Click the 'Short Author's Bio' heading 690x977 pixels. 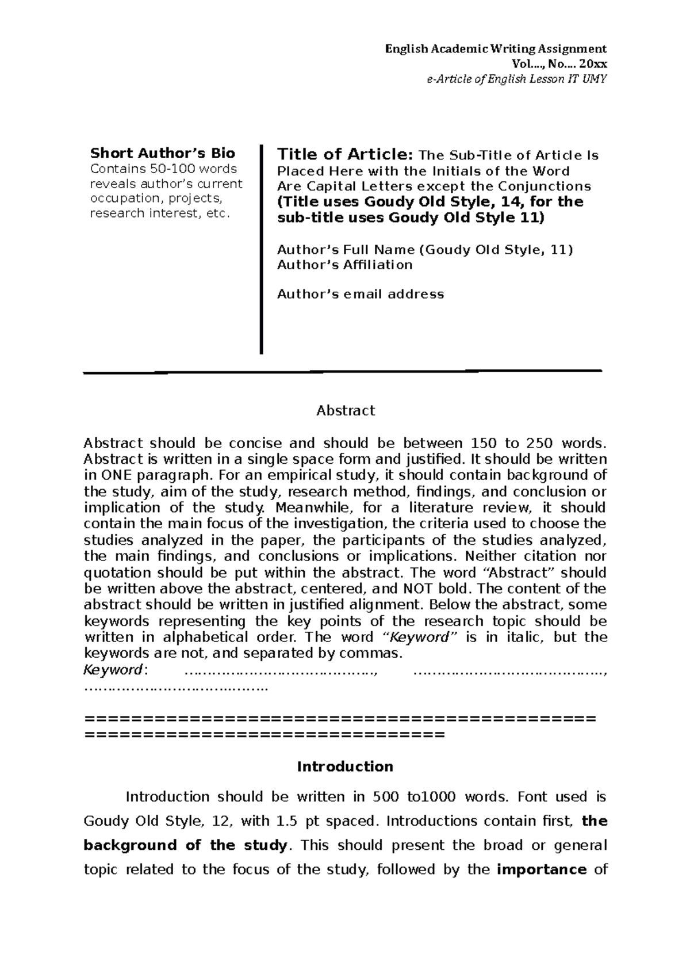coord(163,153)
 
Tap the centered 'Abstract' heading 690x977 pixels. coord(346,410)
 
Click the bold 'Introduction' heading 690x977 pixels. coord(345,766)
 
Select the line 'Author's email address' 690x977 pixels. coord(361,294)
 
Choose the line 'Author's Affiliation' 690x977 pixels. coord(345,265)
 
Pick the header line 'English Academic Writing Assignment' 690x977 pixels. coord(496,48)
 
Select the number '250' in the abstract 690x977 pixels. coord(538,443)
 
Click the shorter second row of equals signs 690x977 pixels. coord(264,735)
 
